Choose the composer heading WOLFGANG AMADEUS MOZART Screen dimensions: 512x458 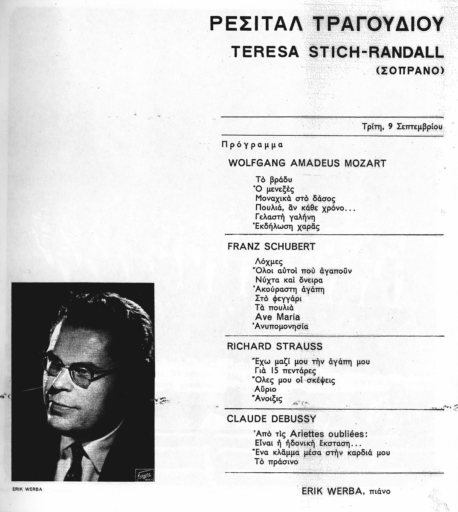tap(307, 163)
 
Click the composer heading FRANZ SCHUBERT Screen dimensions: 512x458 tap(272, 247)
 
